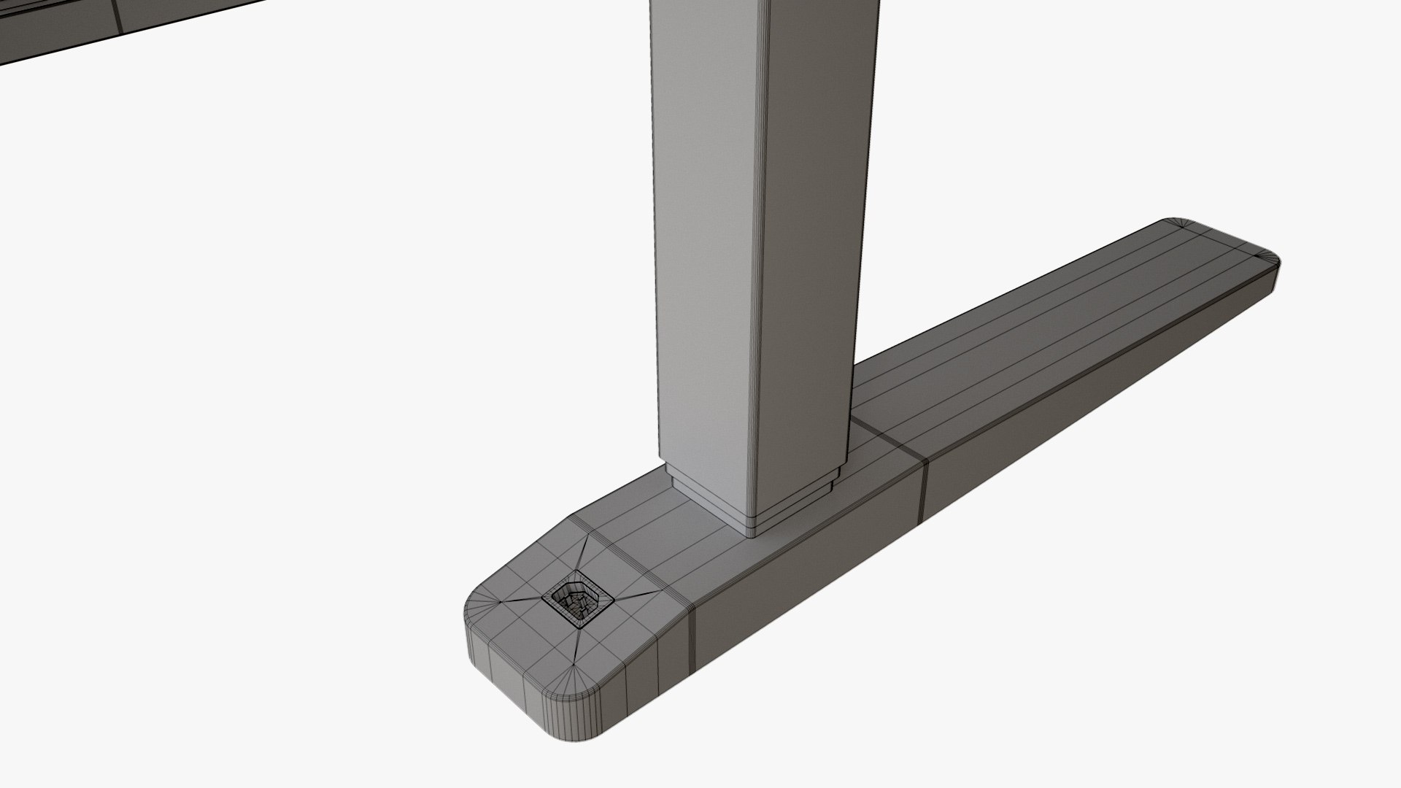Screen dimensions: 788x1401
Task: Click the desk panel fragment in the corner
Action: point(58,29)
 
